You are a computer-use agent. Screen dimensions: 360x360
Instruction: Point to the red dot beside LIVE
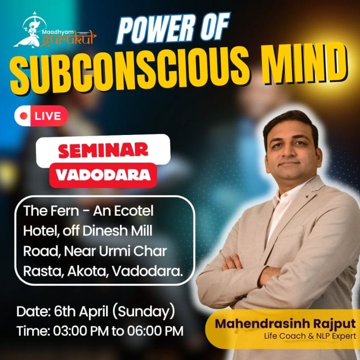(x=23, y=116)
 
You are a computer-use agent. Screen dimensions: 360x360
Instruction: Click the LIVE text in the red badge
(x=48, y=116)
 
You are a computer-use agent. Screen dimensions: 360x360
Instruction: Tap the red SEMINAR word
(x=103, y=150)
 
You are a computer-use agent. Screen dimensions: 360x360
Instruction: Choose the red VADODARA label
(x=103, y=175)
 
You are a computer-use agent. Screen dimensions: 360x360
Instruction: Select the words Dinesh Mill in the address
(x=117, y=231)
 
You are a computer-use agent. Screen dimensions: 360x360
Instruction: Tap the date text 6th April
(x=81, y=312)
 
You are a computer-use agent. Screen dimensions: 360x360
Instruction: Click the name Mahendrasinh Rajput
(x=285, y=324)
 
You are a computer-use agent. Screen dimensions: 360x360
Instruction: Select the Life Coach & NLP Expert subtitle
(x=310, y=336)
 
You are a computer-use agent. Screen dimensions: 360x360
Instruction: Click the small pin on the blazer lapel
(x=306, y=197)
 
